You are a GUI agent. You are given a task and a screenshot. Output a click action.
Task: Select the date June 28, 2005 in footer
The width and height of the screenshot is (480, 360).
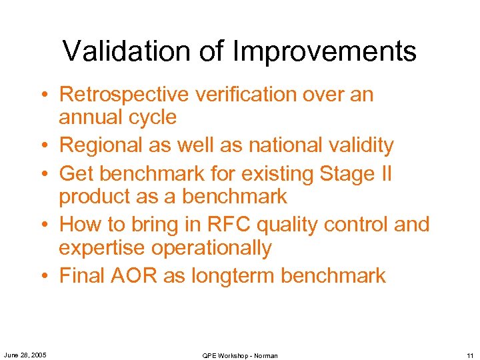(x=25, y=355)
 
